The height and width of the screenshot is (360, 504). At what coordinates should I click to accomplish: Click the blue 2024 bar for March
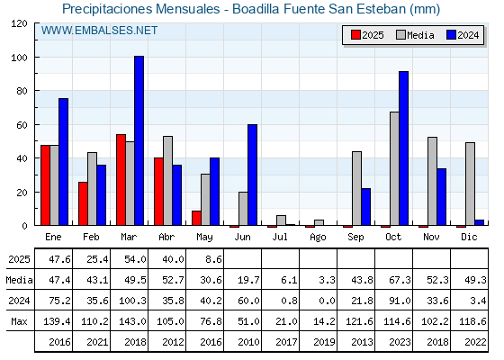point(139,140)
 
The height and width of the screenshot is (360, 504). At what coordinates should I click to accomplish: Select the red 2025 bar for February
point(83,203)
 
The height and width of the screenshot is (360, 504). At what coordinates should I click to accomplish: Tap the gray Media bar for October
point(394,168)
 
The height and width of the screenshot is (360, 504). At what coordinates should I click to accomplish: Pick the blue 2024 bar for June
point(252,175)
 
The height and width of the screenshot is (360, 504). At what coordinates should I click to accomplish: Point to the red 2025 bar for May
point(196,218)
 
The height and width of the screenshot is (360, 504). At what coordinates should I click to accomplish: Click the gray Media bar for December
point(470,184)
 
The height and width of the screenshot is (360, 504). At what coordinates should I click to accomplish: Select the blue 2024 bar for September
point(365,207)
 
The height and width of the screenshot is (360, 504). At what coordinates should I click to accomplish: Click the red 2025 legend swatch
point(355,35)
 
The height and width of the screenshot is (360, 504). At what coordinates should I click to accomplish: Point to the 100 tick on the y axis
point(19,58)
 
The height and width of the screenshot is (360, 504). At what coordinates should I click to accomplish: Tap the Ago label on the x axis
point(318,238)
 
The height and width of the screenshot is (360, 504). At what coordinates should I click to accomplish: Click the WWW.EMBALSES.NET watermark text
point(99,31)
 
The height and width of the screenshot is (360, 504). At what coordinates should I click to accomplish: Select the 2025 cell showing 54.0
point(135,259)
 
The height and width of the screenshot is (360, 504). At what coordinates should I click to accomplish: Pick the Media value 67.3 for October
point(400,280)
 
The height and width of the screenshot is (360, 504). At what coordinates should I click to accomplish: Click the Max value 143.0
point(132,321)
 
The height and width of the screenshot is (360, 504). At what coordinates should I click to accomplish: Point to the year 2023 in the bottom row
point(400,342)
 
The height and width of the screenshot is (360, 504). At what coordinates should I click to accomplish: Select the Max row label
point(19,321)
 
